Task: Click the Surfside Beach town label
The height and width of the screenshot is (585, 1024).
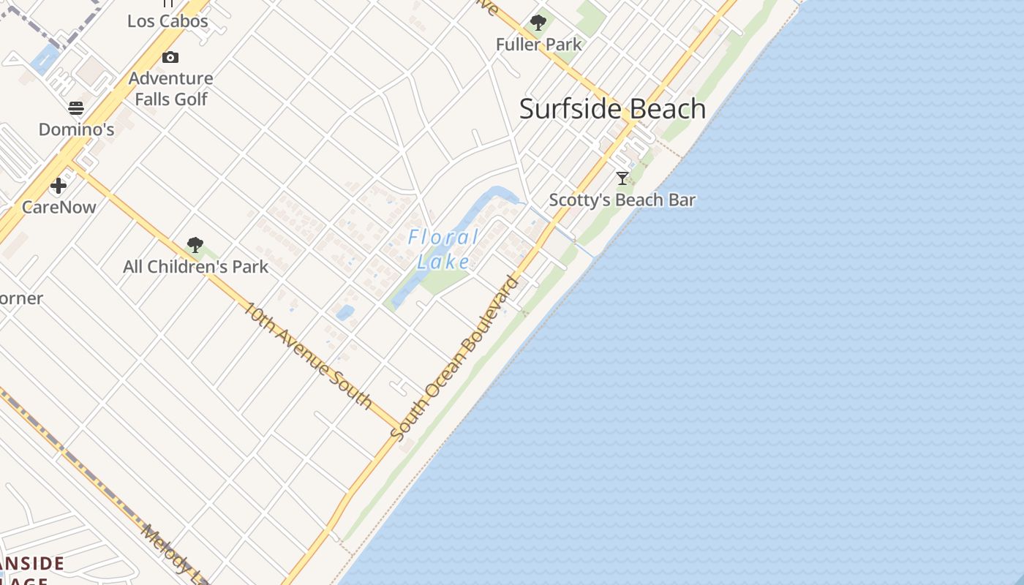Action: (x=612, y=109)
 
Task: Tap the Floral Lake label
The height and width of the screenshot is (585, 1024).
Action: (x=444, y=249)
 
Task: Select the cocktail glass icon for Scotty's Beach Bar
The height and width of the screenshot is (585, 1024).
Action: (x=622, y=178)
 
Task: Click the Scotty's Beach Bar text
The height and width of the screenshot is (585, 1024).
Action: (x=622, y=200)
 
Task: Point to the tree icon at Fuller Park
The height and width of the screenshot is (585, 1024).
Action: (x=538, y=23)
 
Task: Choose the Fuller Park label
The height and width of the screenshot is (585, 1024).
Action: (x=539, y=45)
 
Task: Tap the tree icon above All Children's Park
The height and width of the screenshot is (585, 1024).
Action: (x=195, y=245)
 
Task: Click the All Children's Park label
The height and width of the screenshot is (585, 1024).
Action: (x=195, y=267)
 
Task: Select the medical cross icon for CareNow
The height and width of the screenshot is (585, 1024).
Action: (x=59, y=186)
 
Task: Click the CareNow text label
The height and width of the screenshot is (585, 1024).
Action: (x=59, y=207)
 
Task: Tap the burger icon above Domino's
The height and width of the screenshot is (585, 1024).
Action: (x=76, y=108)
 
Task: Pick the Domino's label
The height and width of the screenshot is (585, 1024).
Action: (x=76, y=129)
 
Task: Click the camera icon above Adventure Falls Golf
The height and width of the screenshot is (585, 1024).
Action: (x=170, y=57)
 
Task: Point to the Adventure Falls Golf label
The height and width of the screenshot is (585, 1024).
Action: (x=170, y=88)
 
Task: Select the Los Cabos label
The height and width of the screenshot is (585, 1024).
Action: (x=167, y=21)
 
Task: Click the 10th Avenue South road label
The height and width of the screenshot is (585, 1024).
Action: (x=308, y=355)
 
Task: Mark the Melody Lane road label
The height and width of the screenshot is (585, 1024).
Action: (x=174, y=554)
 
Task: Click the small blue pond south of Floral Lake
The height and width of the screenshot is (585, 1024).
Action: (x=345, y=313)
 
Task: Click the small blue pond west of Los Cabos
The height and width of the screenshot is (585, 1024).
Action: (x=45, y=56)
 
